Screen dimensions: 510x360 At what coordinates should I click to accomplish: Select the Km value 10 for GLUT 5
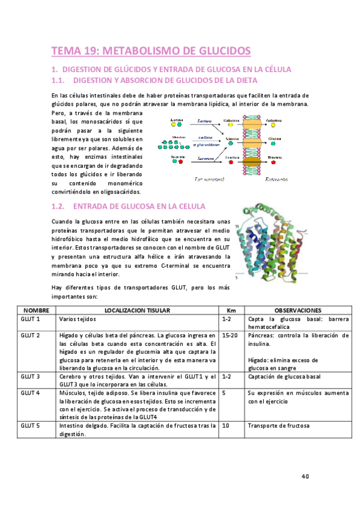click(x=225, y=426)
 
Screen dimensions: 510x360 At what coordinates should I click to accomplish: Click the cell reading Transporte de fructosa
click(x=278, y=426)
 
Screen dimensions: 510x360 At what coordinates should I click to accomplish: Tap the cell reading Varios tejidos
click(x=78, y=319)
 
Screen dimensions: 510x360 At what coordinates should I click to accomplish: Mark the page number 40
click(x=305, y=476)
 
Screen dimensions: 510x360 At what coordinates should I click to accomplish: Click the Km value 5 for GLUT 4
click(x=224, y=393)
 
